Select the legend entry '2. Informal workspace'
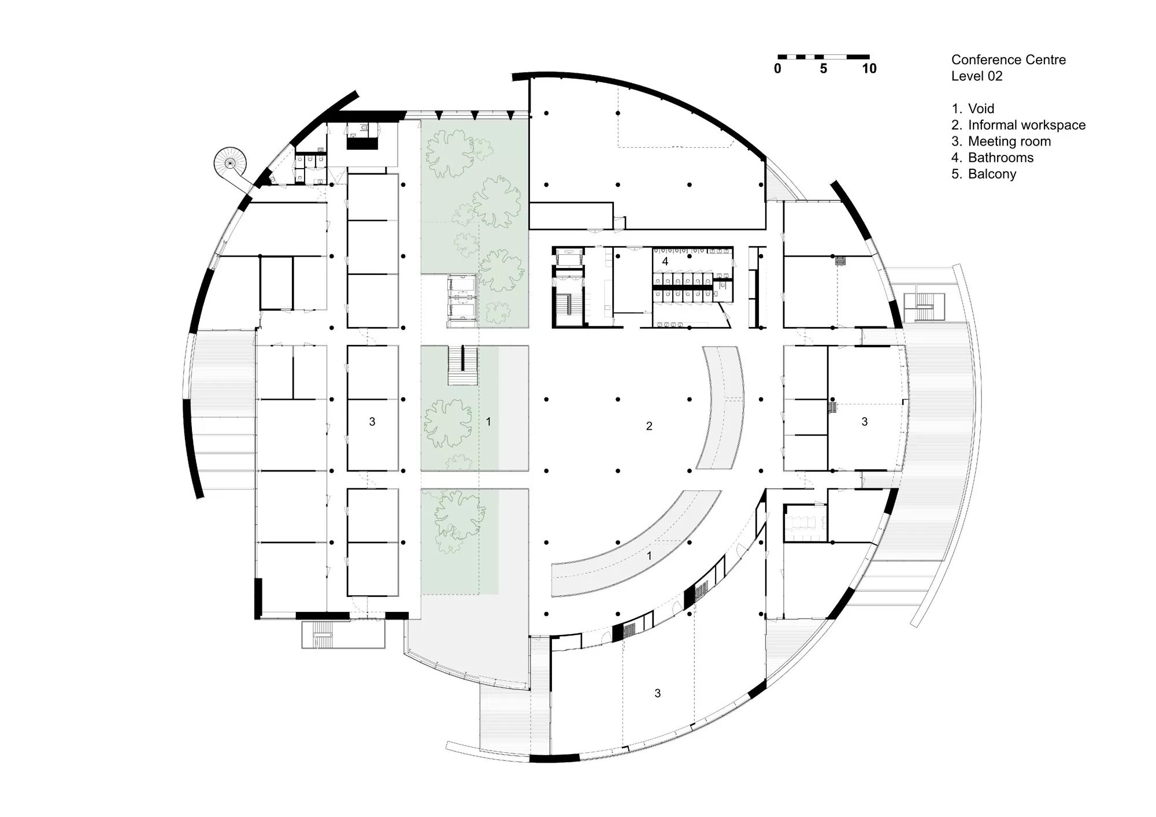1018,125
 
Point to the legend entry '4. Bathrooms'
992,157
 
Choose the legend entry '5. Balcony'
984,174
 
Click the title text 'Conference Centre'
1009,60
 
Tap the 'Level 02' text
977,76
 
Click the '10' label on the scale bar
869,69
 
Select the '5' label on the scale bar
823,69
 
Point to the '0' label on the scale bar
777,69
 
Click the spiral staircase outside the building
230,162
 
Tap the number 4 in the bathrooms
665,261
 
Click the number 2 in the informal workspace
649,426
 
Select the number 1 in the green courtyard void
488,422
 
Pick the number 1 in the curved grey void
649,556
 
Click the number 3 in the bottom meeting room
657,693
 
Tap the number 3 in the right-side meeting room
865,422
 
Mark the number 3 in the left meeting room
372,422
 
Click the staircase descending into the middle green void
463,366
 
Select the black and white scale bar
823,57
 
